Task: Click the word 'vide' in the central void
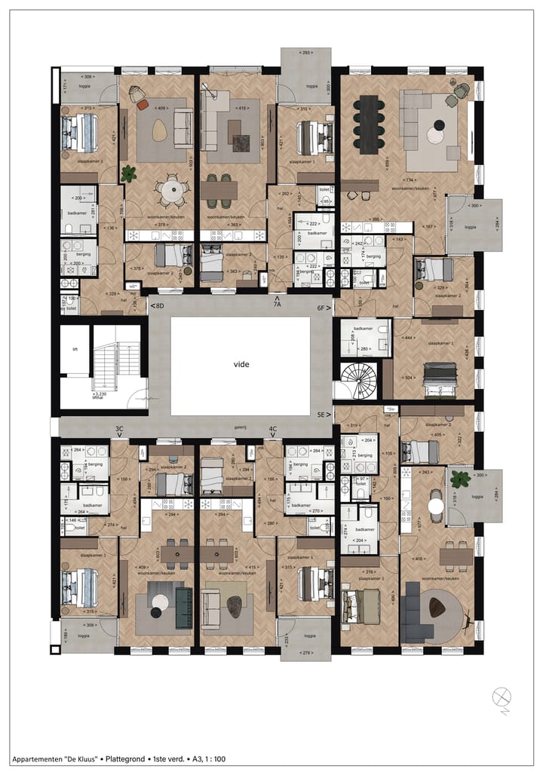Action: point(241,364)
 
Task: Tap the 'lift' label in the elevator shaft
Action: point(75,350)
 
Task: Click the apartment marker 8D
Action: point(157,306)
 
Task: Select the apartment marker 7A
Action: point(277,304)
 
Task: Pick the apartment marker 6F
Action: point(324,308)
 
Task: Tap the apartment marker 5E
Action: point(324,415)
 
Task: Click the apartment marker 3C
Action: point(119,429)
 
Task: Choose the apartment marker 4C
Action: point(273,429)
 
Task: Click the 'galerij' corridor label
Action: point(241,426)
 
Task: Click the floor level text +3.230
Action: point(100,393)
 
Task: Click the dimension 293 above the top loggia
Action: point(305,53)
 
